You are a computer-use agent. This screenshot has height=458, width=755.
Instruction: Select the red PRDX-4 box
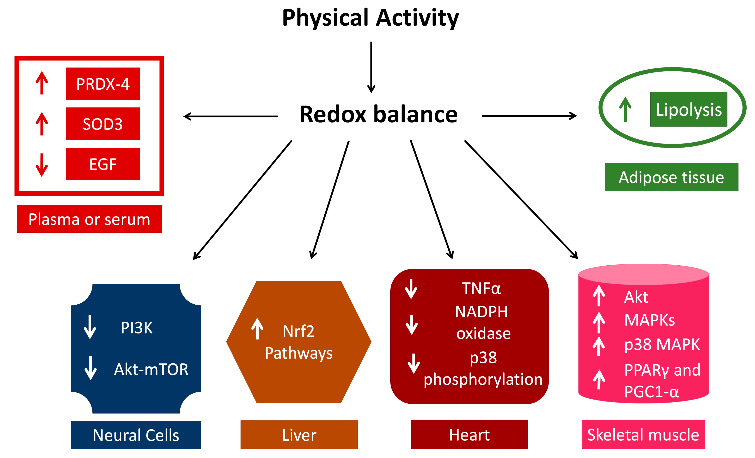[x=103, y=84]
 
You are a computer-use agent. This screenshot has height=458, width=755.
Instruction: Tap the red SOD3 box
[x=103, y=124]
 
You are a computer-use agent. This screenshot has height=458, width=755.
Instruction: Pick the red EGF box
[x=103, y=164]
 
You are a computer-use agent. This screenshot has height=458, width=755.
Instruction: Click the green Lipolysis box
[x=688, y=109]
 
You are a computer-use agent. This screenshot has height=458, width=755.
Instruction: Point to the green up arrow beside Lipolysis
[x=625, y=109]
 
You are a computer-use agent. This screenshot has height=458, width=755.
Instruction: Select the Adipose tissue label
[x=671, y=177]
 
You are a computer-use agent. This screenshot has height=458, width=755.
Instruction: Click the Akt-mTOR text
[x=151, y=369]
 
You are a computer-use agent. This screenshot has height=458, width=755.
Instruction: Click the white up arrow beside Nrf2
[x=257, y=329]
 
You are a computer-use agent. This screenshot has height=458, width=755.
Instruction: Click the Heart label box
[x=469, y=434]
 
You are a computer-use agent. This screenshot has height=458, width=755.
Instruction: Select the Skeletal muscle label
[x=643, y=434]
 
